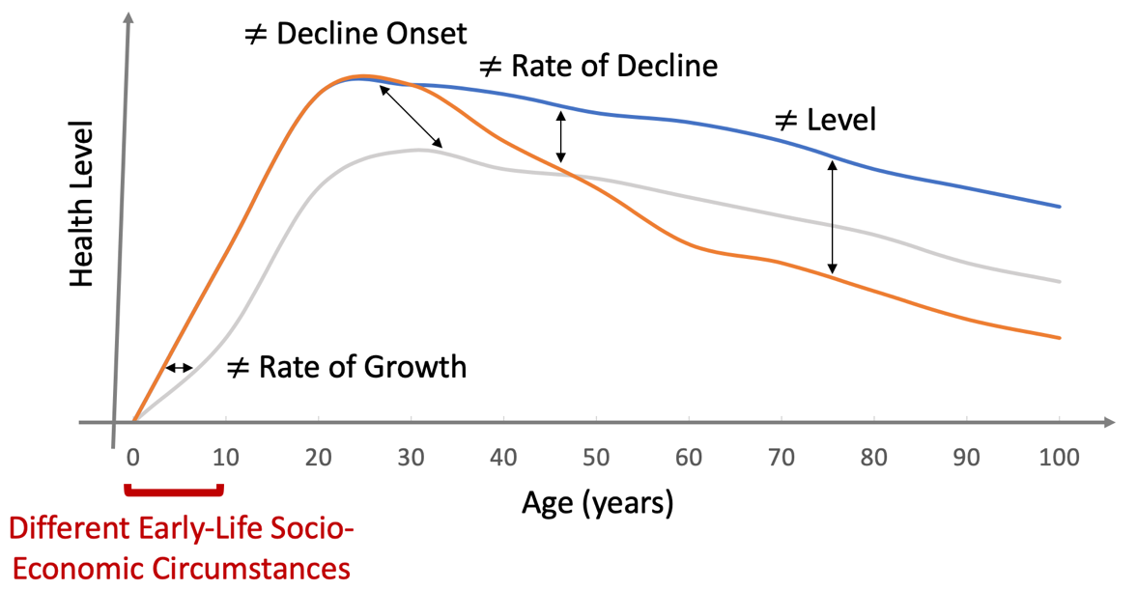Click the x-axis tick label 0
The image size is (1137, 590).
click(133, 457)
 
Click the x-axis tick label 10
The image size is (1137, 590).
click(225, 457)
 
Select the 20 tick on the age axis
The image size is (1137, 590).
click(318, 457)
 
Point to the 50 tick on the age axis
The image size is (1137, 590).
click(596, 457)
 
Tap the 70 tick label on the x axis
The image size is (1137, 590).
click(782, 457)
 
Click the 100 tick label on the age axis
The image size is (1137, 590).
click(1059, 457)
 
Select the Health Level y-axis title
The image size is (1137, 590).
click(83, 205)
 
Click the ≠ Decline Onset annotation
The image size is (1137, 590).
click(356, 34)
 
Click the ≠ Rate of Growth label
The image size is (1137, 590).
click(346, 367)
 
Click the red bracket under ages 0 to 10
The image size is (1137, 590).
click(175, 492)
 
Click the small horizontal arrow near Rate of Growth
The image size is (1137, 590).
click(179, 368)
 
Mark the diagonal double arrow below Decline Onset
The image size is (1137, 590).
click(411, 117)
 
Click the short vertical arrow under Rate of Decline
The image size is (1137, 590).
click(559, 136)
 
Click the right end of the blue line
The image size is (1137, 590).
click(1060, 207)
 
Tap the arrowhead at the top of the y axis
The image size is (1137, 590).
click(128, 19)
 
